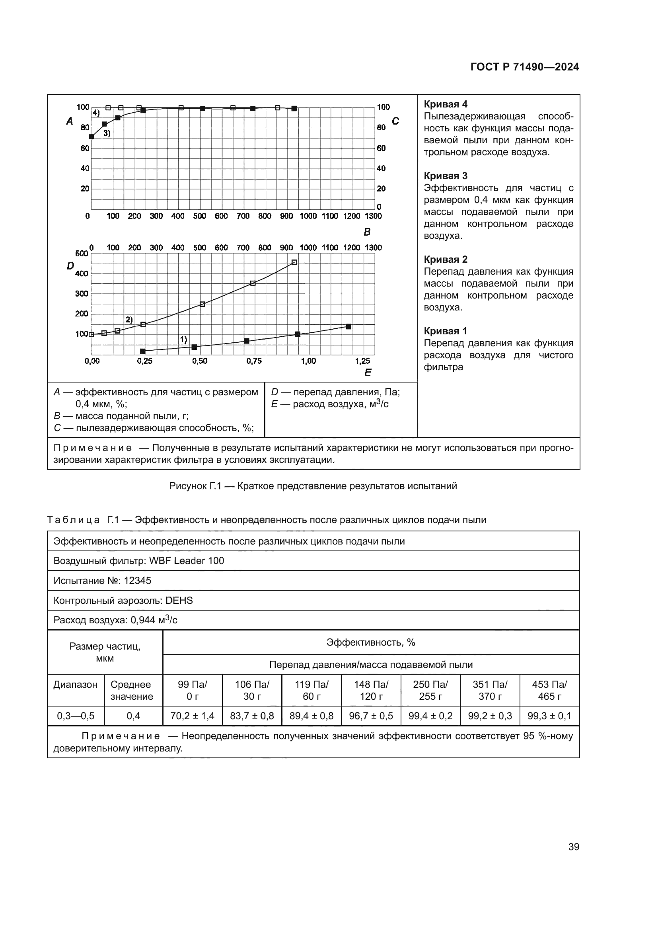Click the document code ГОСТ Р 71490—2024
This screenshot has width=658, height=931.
click(524, 67)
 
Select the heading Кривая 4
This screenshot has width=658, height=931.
click(445, 104)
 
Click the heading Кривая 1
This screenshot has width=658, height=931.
click(445, 331)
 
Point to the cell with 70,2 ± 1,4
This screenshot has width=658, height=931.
click(192, 716)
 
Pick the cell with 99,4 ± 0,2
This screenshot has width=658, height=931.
click(430, 716)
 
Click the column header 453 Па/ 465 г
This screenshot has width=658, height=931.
click(549, 690)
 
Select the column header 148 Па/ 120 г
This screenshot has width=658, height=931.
click(371, 690)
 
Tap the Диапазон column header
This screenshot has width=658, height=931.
click(75, 685)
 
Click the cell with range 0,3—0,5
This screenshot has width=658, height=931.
click(75, 716)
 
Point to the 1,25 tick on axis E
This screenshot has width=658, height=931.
click(362, 361)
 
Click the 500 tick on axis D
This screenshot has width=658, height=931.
click(82, 254)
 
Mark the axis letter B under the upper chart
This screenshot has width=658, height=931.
click(367, 232)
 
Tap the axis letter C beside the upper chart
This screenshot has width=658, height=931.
click(395, 121)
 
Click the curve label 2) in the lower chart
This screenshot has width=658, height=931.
click(129, 320)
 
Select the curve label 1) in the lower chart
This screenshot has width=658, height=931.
click(183, 339)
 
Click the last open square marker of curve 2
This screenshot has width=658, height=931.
click(294, 262)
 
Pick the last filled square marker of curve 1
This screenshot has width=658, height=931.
click(348, 326)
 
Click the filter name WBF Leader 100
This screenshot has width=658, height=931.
click(186, 561)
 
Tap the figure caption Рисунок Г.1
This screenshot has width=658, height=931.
click(313, 486)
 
